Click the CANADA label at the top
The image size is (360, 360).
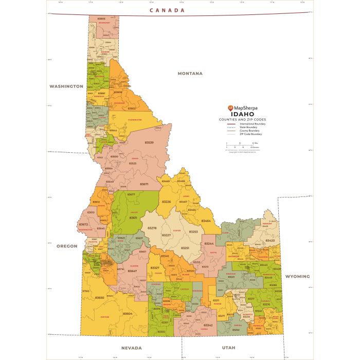tap(167, 10)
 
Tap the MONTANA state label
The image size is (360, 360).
tap(190, 74)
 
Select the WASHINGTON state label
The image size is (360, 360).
tap(66, 86)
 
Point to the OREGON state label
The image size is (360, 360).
tap(67, 246)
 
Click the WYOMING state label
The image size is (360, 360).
tap(297, 276)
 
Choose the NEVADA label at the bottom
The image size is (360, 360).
tap(131, 348)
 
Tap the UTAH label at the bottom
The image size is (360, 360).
tap(228, 348)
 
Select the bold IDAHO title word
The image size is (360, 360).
tap(242, 114)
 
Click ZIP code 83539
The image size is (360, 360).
tap(149, 142)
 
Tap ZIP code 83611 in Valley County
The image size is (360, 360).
tap(133, 218)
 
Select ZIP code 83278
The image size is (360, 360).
tap(152, 227)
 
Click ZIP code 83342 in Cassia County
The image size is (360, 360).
tap(208, 325)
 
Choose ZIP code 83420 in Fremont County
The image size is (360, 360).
tap(270, 240)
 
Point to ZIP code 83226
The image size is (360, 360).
tap(167, 202)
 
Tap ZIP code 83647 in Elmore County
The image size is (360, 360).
tap(133, 271)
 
